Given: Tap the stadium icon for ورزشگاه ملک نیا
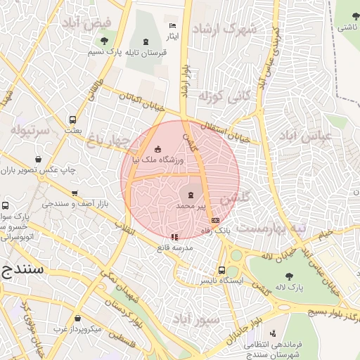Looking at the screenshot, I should pos(158,148).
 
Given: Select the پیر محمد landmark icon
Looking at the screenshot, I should pos(190,193).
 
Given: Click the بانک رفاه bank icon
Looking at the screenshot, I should pos(214,220).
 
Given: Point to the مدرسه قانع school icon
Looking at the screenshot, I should pos(174,237).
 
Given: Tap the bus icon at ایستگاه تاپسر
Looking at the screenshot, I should pos(222,270).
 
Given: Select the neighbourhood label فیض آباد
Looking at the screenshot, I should pos(87,23).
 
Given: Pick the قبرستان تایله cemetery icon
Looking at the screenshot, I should pos(146,42).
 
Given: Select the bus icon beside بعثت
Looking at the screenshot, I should pos(72,120).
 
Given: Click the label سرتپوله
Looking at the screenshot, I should pos(31,130).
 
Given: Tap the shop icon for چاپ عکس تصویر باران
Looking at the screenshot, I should pos(47,159).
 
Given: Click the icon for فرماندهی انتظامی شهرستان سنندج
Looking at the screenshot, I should pos(272,333).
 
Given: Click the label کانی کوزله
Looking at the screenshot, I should pos(214,96).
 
